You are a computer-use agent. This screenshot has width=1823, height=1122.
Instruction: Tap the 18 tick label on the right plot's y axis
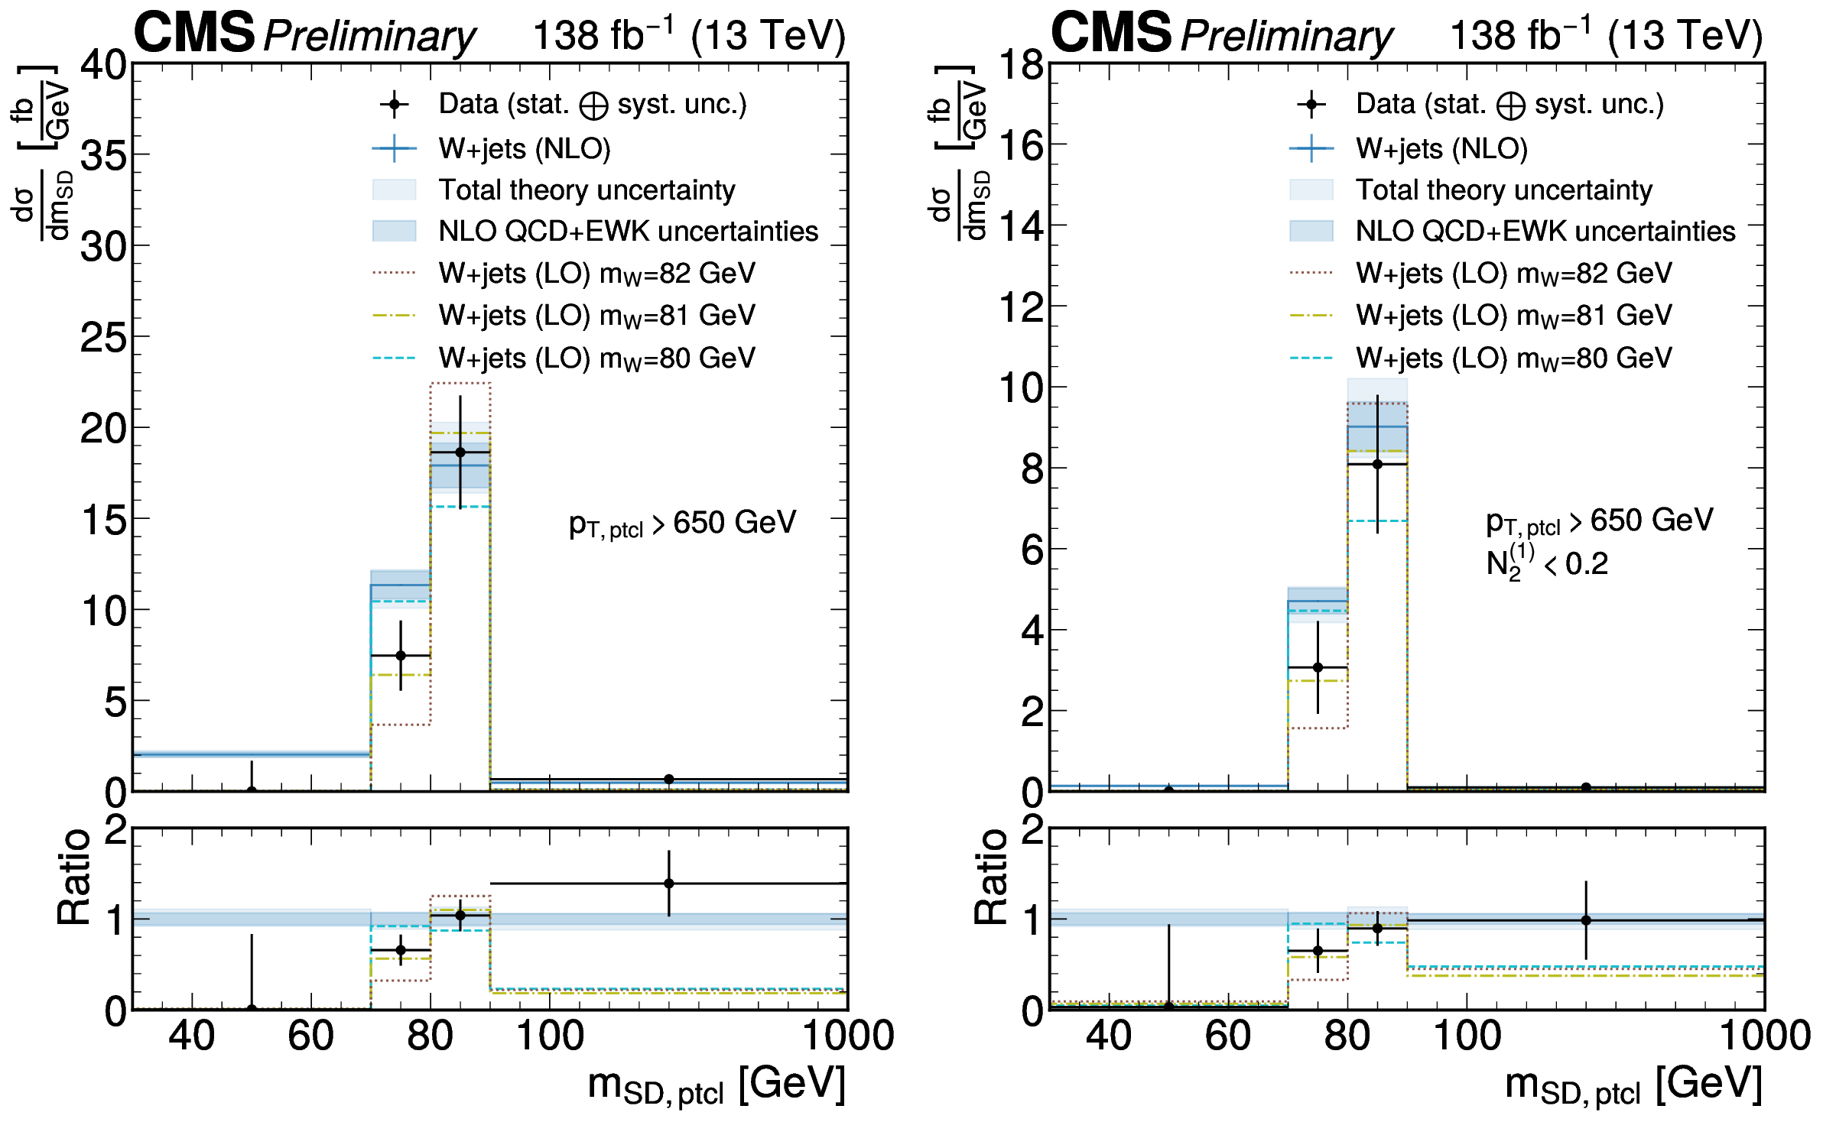pos(1021,65)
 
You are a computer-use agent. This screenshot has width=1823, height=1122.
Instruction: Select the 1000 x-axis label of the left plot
pos(847,1036)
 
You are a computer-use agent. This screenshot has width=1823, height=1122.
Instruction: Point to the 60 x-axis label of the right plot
pos(1228,1036)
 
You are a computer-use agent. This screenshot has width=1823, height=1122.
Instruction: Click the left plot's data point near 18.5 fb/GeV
pos(460,452)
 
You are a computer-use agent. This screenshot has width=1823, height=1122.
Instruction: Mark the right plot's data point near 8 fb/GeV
pos(1377,464)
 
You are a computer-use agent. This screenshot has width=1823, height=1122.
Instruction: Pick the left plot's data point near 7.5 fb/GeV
pos(401,655)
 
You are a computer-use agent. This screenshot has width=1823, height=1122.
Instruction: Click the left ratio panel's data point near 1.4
pos(669,884)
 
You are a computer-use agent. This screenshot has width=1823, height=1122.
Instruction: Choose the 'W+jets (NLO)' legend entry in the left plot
pos(524,148)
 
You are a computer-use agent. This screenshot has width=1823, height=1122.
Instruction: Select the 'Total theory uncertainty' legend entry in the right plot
pos(1503,190)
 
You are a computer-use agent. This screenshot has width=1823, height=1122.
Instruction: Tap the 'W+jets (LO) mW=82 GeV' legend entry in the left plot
pos(596,274)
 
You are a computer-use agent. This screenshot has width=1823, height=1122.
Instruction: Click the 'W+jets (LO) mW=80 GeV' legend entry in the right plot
pos(1513,358)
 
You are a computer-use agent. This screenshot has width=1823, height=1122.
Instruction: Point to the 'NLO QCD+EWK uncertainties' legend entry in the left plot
pos(628,231)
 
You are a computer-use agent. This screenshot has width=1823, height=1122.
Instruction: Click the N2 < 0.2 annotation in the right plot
pos(1546,564)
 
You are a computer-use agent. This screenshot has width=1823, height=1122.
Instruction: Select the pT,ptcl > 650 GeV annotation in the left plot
pos(682,524)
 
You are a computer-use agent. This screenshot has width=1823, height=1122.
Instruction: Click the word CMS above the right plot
pos(1110,33)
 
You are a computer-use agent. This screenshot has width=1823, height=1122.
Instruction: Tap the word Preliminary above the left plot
pos(369,36)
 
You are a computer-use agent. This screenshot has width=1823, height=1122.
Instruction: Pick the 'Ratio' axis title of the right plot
pos(991,877)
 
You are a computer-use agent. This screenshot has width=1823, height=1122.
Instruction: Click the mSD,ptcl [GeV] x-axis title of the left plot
pos(717,1085)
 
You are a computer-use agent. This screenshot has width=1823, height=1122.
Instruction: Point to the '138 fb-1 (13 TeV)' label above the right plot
pos(1606,35)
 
